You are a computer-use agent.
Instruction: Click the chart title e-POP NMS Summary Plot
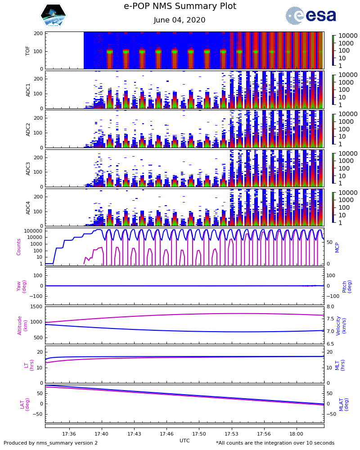point(180,6)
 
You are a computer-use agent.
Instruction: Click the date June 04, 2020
point(180,20)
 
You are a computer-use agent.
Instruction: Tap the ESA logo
point(310,16)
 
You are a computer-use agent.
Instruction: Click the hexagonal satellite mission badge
point(54,16)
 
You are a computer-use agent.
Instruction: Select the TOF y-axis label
point(28,50)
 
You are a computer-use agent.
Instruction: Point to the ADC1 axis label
point(28,90)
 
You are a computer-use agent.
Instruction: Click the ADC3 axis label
point(28,168)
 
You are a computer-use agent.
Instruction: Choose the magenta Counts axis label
point(19,247)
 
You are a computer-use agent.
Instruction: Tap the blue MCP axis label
point(337,247)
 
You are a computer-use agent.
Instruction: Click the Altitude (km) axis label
point(22,325)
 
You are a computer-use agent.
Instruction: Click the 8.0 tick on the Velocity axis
point(330,306)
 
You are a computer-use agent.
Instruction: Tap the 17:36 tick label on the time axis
point(69,434)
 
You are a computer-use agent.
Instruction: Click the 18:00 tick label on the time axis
point(297,434)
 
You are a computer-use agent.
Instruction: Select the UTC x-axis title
point(184,441)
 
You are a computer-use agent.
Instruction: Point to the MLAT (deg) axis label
point(343,404)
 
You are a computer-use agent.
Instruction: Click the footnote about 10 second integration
point(275,443)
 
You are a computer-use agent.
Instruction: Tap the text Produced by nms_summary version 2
point(51,443)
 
